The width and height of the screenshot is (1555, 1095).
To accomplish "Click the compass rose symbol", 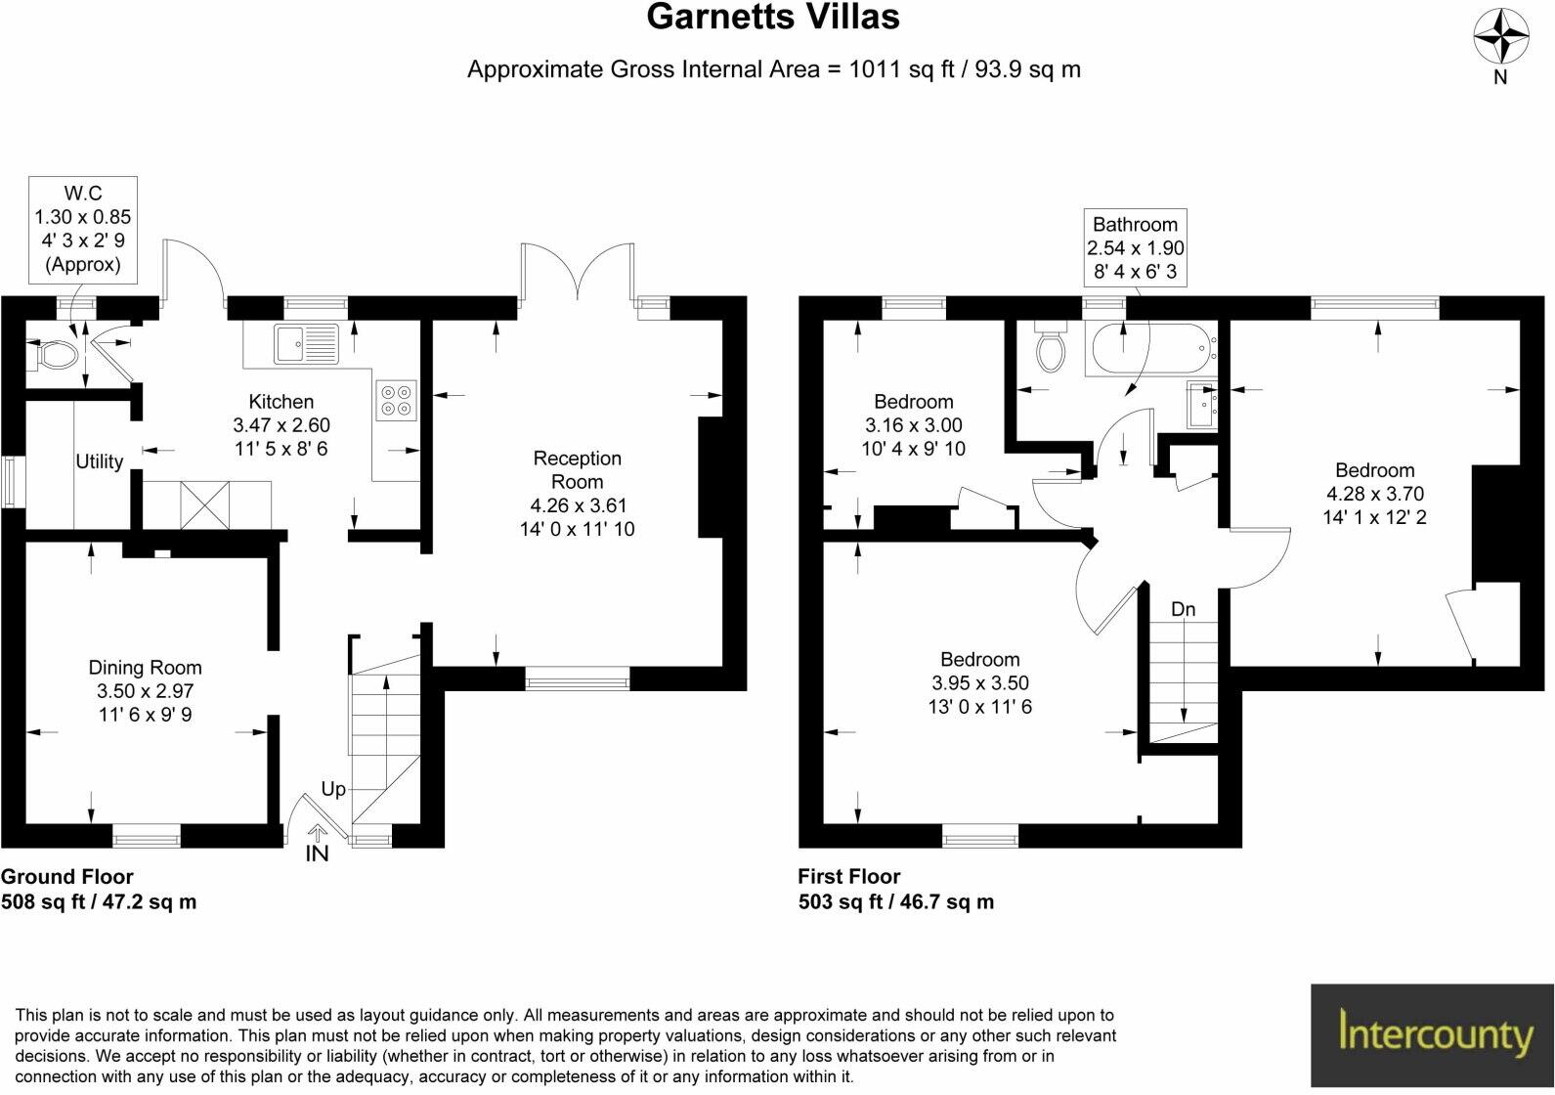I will [1500, 37].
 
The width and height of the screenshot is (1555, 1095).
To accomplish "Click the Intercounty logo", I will [1432, 1035].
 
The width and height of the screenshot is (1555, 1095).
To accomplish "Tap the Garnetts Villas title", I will [772, 17].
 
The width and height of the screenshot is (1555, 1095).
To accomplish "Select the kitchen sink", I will [307, 343].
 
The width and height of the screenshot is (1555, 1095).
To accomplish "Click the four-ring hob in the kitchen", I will [397, 400].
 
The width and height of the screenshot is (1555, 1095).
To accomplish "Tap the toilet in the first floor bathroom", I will [1051, 350].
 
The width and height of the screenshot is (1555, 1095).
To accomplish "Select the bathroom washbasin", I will [1201, 406].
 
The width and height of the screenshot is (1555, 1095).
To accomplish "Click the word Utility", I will [100, 461].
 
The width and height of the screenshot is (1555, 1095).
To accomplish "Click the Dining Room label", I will [145, 668].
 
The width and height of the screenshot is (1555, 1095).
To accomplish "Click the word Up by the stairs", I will [333, 789].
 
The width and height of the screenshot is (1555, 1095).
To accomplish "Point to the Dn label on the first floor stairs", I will [1183, 609].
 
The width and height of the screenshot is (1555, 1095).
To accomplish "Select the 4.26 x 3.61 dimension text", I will [578, 505].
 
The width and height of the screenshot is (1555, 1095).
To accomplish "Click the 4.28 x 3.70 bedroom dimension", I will [1374, 494].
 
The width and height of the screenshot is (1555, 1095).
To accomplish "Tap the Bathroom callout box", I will [1135, 248].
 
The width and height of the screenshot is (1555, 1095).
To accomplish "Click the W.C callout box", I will [82, 229].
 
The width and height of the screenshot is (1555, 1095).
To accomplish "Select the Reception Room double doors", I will [581, 270].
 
